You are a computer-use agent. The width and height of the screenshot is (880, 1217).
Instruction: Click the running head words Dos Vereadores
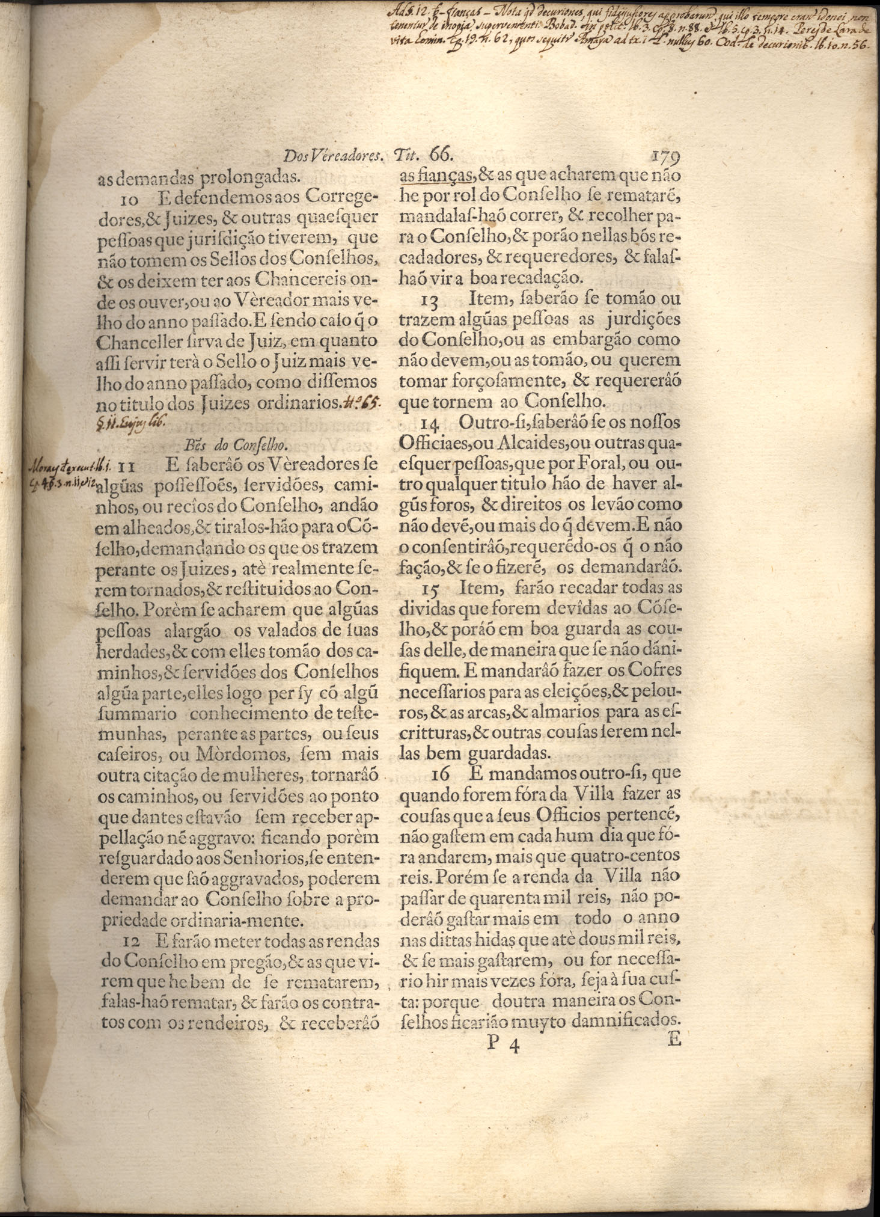[x=333, y=157]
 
